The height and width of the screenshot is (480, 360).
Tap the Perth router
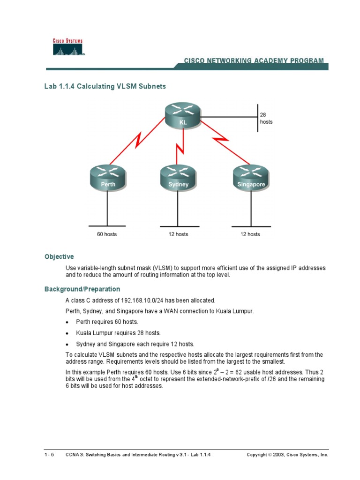point(108,177)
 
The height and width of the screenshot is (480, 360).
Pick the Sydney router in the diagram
point(178,177)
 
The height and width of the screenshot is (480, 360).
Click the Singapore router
point(251,177)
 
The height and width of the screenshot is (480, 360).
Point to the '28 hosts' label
point(266,118)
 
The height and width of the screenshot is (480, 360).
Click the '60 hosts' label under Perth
point(107,234)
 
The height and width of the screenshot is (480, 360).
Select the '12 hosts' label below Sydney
point(178,234)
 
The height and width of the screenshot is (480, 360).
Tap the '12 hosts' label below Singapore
point(250,234)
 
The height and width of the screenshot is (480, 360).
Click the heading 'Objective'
point(59,256)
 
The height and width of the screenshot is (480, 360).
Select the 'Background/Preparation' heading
point(82,289)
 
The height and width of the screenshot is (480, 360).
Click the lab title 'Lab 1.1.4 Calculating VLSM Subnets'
point(105,87)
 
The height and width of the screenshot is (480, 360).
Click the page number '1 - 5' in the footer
point(49,455)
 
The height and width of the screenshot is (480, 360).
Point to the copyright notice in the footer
point(287,455)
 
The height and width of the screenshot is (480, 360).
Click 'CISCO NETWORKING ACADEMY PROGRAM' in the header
point(253,61)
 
